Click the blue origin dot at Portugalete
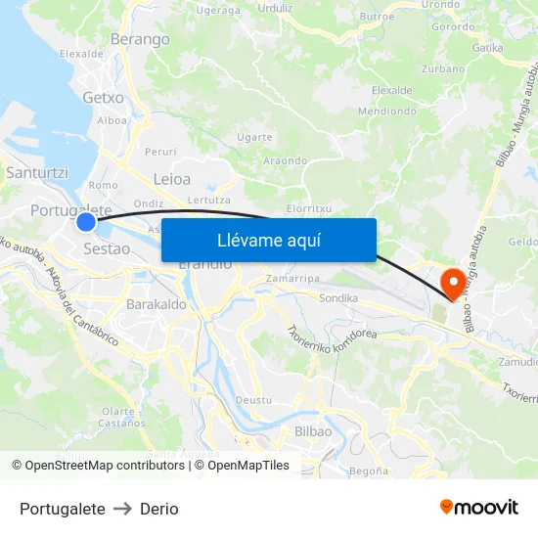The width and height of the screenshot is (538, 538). coord(86,222)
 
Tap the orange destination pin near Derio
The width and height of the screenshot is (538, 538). coord(453,283)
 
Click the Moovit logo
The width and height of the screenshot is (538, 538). coord(478,508)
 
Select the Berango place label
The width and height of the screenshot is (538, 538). coord(141,39)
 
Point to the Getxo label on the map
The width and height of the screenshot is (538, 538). coord(104,98)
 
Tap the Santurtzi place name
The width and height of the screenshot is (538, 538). coord(37,172)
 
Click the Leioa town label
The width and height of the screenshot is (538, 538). coord(172,179)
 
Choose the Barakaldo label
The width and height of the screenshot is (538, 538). coord(157,305)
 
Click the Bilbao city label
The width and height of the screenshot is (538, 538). coord(313,431)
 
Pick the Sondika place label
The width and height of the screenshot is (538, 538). coord(339,297)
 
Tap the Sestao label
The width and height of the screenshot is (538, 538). coord(107,248)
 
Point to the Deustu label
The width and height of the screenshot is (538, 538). coord(254,400)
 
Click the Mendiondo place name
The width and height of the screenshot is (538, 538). coord(387,111)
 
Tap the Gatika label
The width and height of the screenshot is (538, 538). coord(487,47)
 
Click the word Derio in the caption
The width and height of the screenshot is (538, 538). coord(158,509)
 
